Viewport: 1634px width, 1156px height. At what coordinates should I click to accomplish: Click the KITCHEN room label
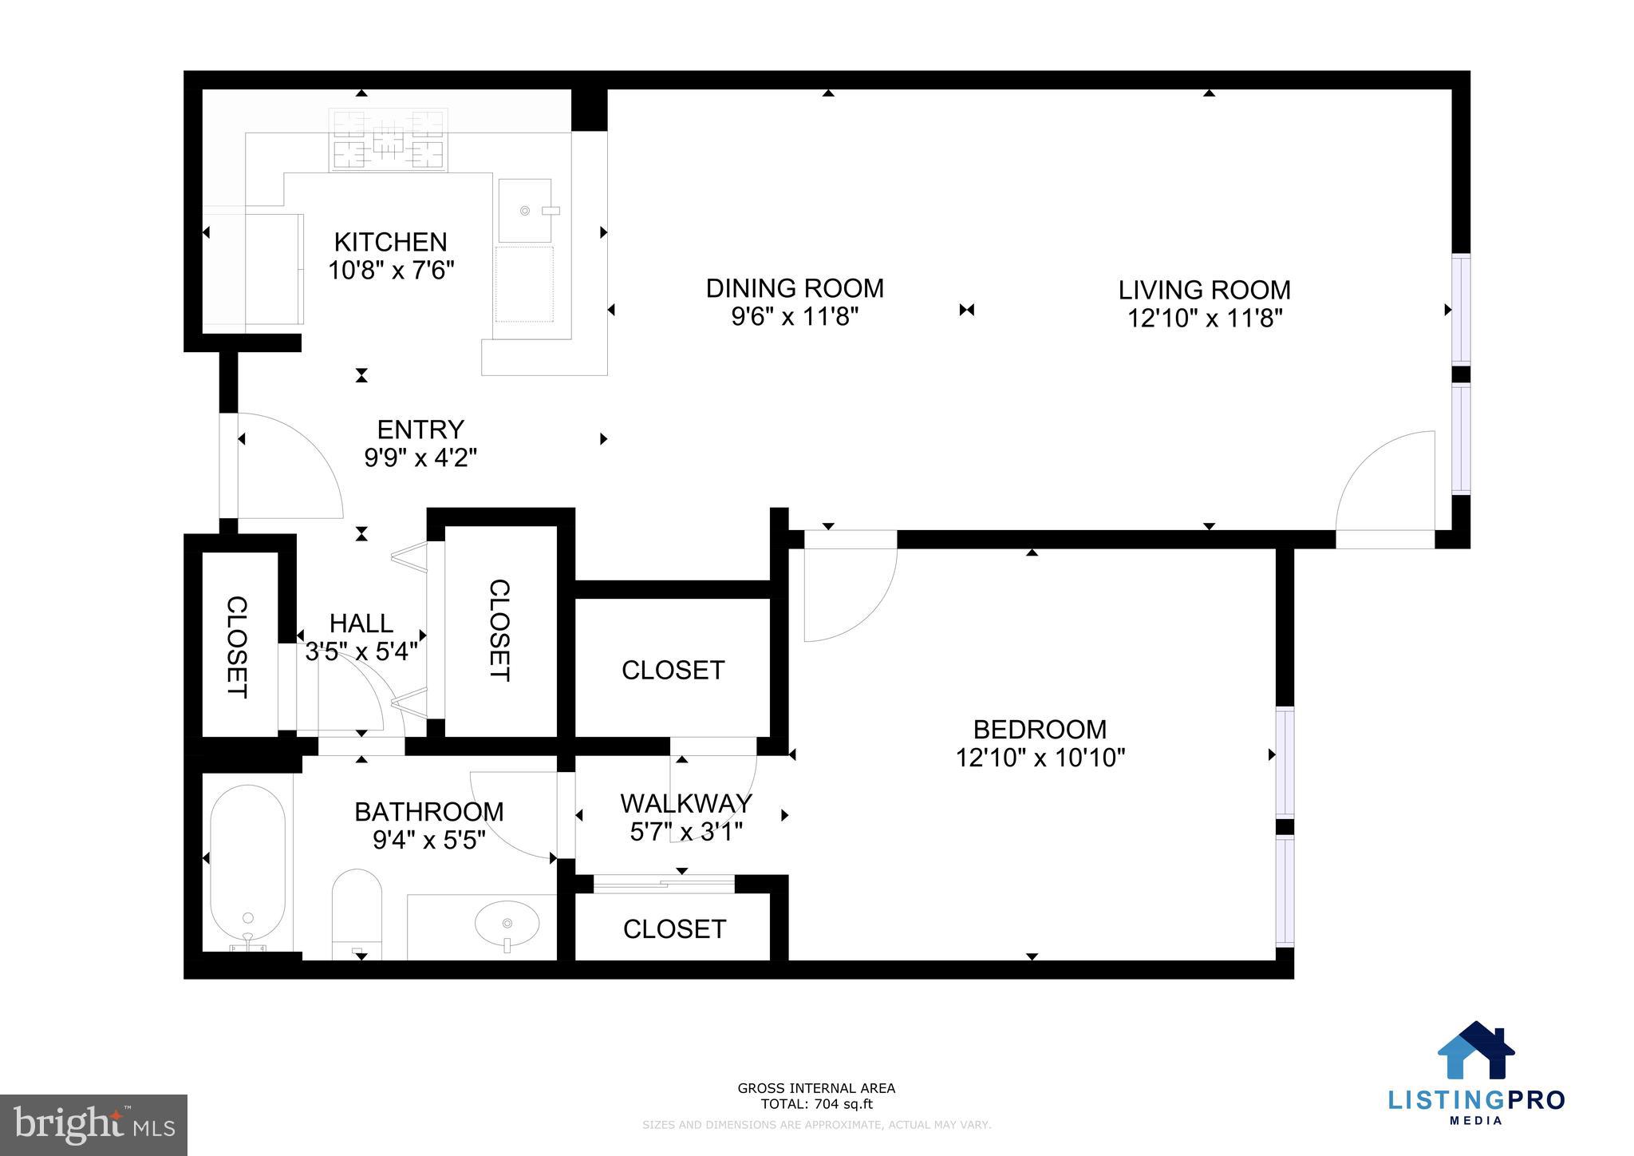pos(390,242)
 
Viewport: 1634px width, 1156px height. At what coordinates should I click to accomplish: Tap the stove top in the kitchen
pos(388,141)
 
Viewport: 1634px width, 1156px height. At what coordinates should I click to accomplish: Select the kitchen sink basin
pos(525,210)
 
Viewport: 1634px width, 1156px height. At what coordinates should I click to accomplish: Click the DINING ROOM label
pos(795,288)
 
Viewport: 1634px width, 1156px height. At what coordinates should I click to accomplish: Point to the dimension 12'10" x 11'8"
pos(1204,319)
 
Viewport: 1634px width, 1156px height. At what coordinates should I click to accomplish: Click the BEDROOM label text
pos(1040,729)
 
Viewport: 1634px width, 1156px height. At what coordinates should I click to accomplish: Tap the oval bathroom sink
pos(507,924)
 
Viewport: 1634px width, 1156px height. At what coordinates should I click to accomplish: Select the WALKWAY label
pos(686,802)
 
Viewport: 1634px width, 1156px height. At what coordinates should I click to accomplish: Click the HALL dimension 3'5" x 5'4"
pos(361,651)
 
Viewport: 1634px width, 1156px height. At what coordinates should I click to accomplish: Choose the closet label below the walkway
pos(674,928)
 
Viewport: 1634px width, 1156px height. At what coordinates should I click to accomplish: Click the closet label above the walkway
pos(673,670)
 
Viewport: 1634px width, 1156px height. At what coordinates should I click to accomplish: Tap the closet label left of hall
pos(237,647)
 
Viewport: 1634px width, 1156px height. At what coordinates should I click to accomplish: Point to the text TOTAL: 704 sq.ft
pos(816,1105)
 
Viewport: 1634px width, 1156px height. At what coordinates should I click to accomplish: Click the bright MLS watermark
pos(93,1125)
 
